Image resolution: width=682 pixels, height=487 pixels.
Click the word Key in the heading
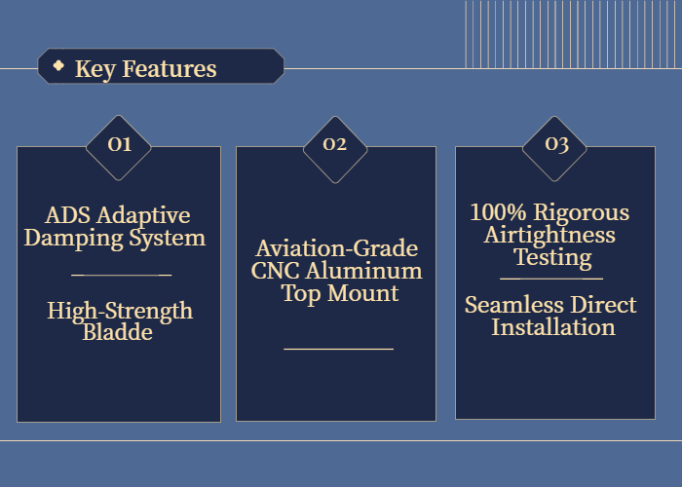(95, 69)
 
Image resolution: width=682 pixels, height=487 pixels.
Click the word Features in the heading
(170, 69)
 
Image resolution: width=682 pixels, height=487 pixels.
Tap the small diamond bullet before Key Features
(58, 65)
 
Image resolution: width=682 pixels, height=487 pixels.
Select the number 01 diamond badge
(119, 148)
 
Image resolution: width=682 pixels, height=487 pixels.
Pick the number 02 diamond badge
(335, 150)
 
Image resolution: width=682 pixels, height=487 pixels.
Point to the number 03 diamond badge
(554, 149)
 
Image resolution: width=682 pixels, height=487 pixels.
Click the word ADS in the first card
(68, 215)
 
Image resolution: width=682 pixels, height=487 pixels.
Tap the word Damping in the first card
(73, 239)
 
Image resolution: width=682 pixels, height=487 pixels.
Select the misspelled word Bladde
(118, 332)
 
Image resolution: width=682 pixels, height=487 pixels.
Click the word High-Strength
(120, 311)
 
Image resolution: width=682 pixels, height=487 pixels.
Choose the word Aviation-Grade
(337, 248)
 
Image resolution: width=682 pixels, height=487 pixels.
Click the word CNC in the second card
(276, 271)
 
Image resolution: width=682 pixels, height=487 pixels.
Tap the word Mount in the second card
(363, 293)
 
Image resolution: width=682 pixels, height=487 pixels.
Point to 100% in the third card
(499, 212)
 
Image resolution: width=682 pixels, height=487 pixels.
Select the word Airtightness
(549, 235)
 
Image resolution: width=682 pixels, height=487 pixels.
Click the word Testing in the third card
(552, 257)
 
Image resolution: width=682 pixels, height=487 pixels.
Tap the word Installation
(553, 327)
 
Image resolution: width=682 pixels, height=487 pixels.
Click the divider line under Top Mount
(338, 349)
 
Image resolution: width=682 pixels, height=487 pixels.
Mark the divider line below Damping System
(122, 275)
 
